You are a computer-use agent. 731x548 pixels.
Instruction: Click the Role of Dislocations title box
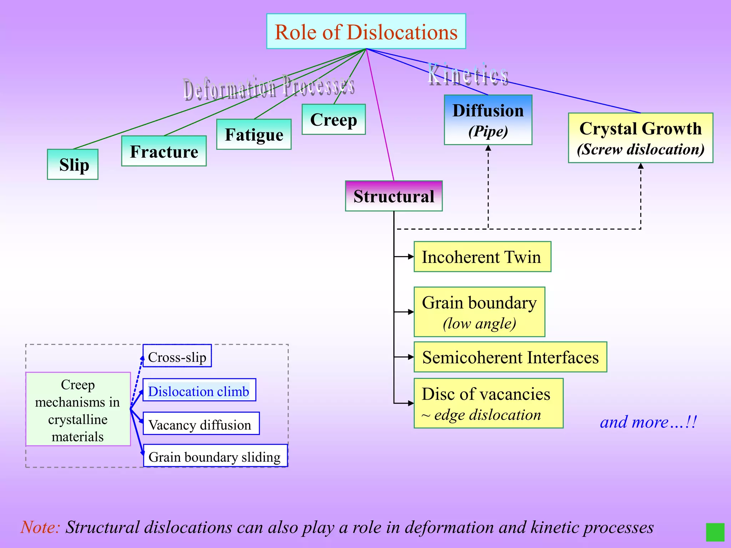pos(366,31)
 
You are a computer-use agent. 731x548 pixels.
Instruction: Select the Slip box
pos(73,164)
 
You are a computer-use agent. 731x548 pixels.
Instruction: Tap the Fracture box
pos(164,151)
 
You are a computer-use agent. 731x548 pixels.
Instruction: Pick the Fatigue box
pos(254,135)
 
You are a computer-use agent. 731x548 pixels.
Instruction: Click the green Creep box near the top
pos(333,120)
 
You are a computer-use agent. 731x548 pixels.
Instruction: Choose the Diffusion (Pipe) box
pos(488,120)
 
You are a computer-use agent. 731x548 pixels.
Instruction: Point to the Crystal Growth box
pos(640,138)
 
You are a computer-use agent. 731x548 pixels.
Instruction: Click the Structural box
pos(394,196)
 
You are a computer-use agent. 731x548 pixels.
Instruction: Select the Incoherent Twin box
pos(482,257)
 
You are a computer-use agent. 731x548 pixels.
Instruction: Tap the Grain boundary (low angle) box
pos(479,312)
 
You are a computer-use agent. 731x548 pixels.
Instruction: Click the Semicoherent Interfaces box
pos(510,357)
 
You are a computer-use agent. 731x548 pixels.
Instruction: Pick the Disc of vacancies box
pos(488,403)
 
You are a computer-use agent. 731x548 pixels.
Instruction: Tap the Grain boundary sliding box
pos(215,456)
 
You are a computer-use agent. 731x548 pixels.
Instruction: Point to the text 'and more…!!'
pos(648,422)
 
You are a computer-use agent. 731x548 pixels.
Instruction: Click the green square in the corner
pos(715,532)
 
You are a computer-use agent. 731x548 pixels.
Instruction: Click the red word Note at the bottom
pos(40,527)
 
